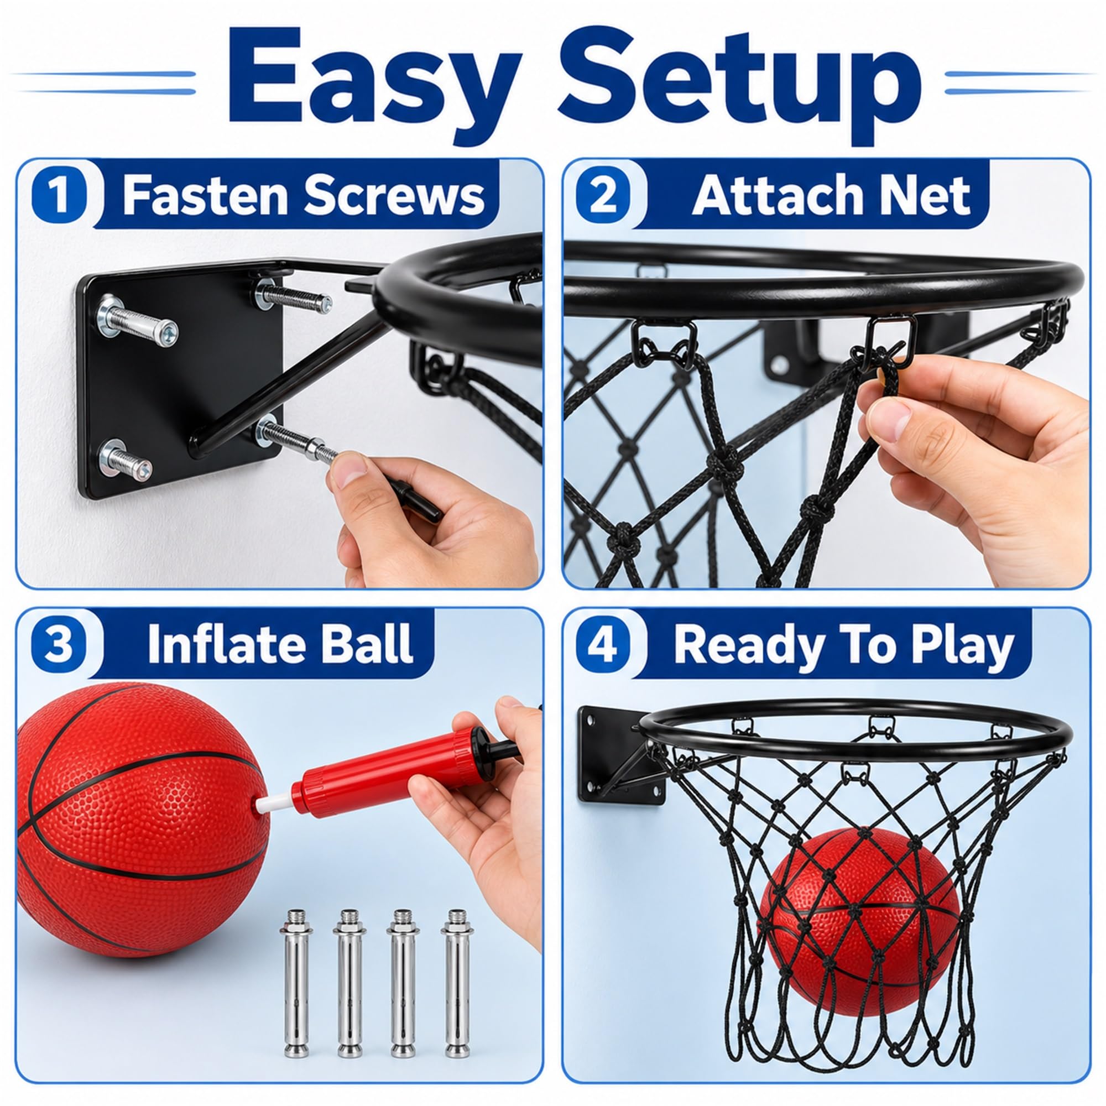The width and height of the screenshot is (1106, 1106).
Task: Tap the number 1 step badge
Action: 60,195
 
